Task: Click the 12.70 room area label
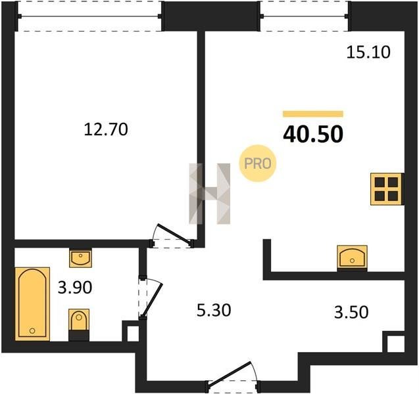tap(106, 129)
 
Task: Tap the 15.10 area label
tap(368, 52)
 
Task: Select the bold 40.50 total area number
tap(313, 134)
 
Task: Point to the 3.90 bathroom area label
tap(75, 288)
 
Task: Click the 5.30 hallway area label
tap(214, 311)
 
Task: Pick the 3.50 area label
tap(351, 312)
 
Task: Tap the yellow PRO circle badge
tap(258, 164)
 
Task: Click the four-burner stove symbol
tap(387, 189)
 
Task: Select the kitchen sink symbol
tap(352, 257)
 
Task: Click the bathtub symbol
tap(32, 304)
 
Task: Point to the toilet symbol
tap(78, 324)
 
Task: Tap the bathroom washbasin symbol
tap(80, 257)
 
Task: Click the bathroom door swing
tap(151, 297)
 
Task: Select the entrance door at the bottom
tap(232, 376)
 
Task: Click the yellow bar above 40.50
tap(313, 114)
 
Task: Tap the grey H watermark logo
tap(209, 194)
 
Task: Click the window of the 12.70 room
tap(89, 16)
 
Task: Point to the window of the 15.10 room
tap(305, 16)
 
